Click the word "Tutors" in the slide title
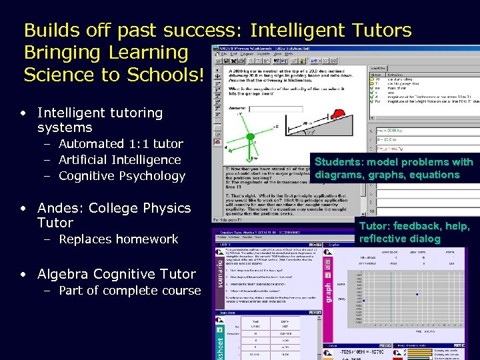coord(377,30)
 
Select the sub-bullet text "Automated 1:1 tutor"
coord(121,143)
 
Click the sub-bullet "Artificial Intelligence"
coord(120,160)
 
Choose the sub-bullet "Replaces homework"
coord(119,239)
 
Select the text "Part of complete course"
coord(129,291)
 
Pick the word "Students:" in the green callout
coord(341,162)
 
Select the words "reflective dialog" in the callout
coord(399,239)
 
